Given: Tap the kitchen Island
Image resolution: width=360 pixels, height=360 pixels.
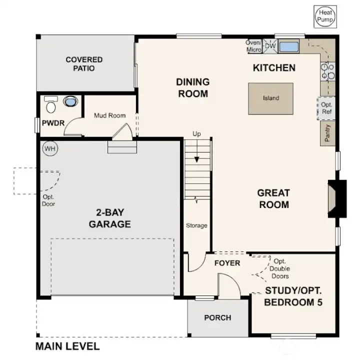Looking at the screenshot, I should [x=271, y=98].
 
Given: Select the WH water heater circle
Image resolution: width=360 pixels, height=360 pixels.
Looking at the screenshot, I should [x=49, y=148].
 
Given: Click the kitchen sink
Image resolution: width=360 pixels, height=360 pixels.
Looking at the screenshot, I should [x=288, y=47].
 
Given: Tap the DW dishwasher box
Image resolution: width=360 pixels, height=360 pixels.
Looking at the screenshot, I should [x=270, y=46].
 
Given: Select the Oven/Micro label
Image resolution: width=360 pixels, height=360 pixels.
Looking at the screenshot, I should [x=254, y=46].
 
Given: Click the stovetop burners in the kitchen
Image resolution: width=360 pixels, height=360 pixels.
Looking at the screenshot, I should [x=327, y=71].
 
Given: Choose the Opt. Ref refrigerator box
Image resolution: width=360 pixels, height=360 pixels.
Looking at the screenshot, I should [x=326, y=108].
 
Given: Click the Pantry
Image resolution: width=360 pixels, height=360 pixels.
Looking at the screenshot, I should [x=327, y=133].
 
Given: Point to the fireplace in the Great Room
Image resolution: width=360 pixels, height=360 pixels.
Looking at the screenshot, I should [x=336, y=198].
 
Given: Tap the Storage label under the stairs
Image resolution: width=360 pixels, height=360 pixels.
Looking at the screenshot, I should [x=196, y=225].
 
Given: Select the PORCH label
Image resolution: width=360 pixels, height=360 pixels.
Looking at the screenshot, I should [x=217, y=317].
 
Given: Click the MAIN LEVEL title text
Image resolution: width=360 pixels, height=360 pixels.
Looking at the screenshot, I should [x=67, y=346].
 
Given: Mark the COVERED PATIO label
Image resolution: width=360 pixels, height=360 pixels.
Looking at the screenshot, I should [x=84, y=63].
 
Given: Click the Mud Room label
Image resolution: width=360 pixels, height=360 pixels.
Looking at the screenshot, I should [x=109, y=115].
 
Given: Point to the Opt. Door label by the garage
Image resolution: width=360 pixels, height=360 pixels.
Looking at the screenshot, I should [x=48, y=200].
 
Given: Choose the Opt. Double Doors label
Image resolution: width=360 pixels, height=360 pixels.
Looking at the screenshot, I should [x=278, y=268].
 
